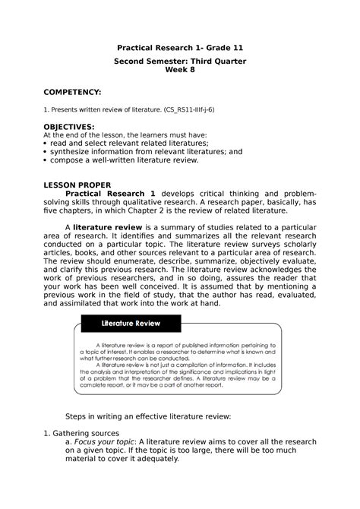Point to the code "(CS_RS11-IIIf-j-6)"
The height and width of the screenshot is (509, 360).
(x=188, y=109)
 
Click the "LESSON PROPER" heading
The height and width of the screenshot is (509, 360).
(x=78, y=185)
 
